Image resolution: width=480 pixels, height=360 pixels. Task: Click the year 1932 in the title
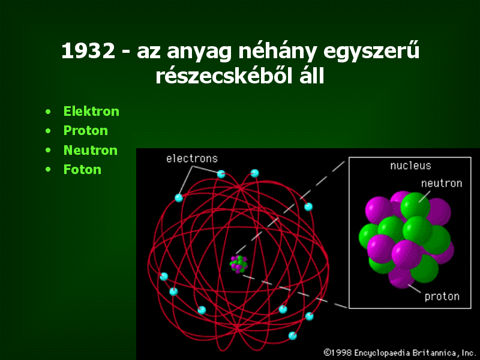click(x=88, y=51)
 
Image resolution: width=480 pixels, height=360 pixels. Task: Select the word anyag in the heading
click(x=199, y=53)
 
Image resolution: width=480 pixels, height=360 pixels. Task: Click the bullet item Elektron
click(x=91, y=111)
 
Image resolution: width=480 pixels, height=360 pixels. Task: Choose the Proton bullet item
click(x=86, y=131)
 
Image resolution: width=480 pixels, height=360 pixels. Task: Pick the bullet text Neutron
click(x=91, y=151)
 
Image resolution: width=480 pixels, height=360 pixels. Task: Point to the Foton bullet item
click(x=82, y=170)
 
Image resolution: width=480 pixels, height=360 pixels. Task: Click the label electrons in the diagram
click(x=192, y=158)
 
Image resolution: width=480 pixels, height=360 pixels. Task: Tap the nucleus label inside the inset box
click(x=410, y=166)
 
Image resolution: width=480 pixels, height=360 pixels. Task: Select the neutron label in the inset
click(x=442, y=184)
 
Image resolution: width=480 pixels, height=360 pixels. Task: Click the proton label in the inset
click(x=442, y=296)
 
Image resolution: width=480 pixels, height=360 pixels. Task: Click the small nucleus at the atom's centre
click(x=239, y=264)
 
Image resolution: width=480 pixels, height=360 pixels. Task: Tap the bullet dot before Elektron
click(x=48, y=112)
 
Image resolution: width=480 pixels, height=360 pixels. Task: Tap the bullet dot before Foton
click(x=48, y=170)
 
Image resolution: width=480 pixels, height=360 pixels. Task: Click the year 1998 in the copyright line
click(x=340, y=353)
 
